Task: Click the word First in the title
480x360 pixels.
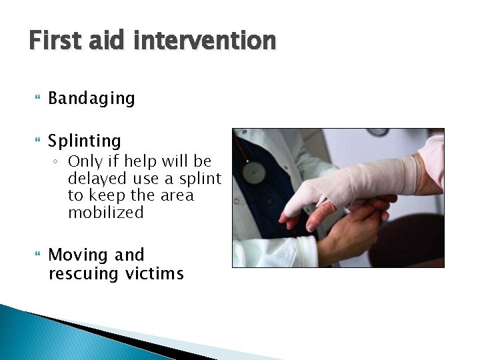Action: (56, 41)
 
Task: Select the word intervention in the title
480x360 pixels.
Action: (205, 41)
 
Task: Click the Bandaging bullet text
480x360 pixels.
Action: (91, 99)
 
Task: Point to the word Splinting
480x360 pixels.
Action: (85, 141)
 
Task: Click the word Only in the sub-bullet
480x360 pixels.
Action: (85, 161)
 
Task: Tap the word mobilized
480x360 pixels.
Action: (105, 213)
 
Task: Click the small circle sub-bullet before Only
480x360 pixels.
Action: (59, 162)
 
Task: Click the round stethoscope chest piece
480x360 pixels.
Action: (253, 173)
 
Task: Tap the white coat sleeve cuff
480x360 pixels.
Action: (297, 251)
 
